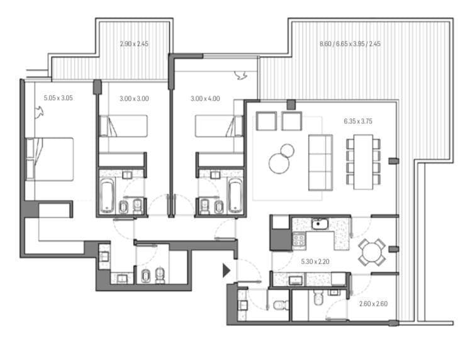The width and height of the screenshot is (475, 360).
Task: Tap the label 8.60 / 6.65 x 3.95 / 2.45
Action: pyautogui.click(x=350, y=44)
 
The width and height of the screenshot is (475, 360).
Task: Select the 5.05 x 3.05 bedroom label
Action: pyautogui.click(x=59, y=98)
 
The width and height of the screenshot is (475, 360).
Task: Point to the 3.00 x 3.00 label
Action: pyautogui.click(x=134, y=98)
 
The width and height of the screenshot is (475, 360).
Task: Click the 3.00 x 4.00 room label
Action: pyautogui.click(x=206, y=98)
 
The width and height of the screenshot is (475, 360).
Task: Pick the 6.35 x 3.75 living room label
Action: pyautogui.click(x=357, y=121)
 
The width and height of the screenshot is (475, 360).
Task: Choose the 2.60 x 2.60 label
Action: pyautogui.click(x=373, y=303)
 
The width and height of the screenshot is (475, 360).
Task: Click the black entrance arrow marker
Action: pyautogui.click(x=226, y=271)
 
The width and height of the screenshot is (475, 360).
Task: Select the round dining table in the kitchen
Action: pyautogui.click(x=371, y=252)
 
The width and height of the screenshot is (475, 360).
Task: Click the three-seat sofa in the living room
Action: pyautogui.click(x=320, y=162)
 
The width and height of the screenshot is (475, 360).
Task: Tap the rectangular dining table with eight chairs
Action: pyautogui.click(x=363, y=161)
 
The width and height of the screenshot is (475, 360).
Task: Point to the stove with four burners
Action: pyautogui.click(x=297, y=240)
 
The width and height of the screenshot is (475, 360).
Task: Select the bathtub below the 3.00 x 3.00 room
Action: pyautogui.click(x=105, y=194)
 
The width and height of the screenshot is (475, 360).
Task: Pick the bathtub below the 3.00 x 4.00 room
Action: pyautogui.click(x=235, y=195)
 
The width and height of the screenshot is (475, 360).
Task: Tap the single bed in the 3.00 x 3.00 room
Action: pyautogui.click(x=124, y=126)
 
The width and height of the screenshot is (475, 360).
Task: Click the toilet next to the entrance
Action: pyautogui.click(x=280, y=305)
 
